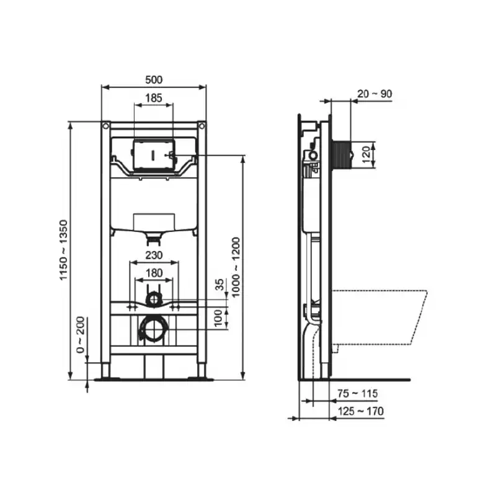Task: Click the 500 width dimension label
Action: point(154,80)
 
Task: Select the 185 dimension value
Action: point(154,98)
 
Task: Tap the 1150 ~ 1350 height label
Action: point(64,250)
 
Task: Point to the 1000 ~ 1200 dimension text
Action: point(236,267)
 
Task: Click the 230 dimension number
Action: point(154,255)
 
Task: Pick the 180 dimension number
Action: point(154,273)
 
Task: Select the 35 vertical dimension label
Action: point(219,285)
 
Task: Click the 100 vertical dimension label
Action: point(219,318)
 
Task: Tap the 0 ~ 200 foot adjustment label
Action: point(81,334)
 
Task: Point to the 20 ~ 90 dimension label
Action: point(374,94)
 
